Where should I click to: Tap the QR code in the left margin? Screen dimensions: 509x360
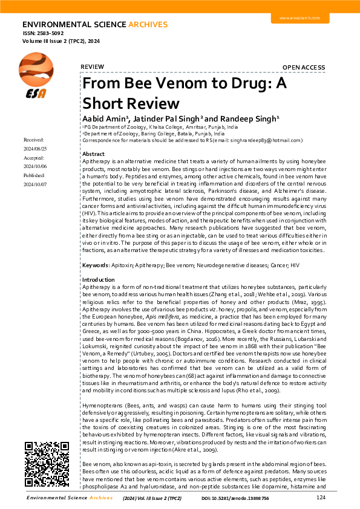[42, 465]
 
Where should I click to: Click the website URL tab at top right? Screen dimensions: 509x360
[298, 19]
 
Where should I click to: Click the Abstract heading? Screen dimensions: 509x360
[93, 155]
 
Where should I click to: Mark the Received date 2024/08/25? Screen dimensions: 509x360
[36, 148]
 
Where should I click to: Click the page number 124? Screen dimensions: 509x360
[321, 498]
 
